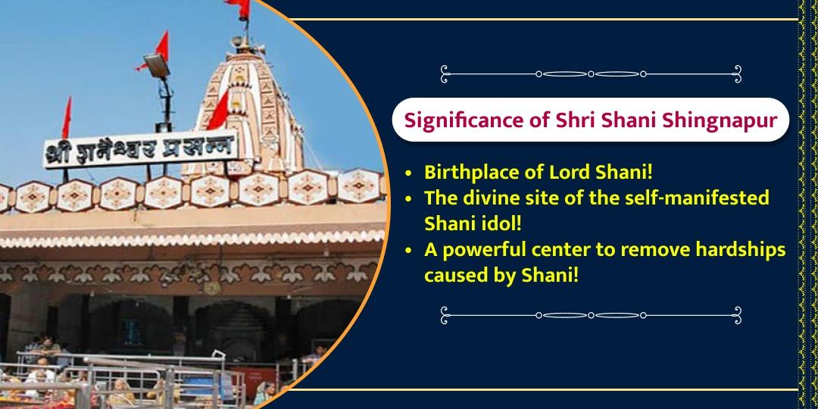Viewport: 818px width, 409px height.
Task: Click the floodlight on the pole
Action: (x=157, y=64)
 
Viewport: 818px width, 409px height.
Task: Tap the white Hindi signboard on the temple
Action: (x=140, y=149)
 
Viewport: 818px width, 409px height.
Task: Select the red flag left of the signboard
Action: (x=67, y=118)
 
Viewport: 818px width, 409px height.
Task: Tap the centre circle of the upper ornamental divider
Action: (x=591, y=74)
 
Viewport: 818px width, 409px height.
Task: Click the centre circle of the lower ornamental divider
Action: (x=591, y=315)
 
